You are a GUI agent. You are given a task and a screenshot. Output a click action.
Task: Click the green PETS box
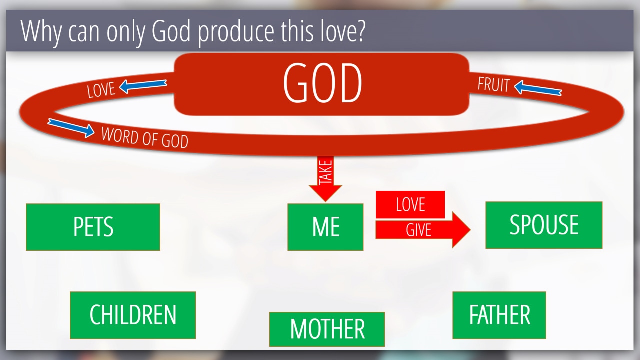(x=93, y=227)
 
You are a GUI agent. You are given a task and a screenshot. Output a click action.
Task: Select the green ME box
(x=325, y=227)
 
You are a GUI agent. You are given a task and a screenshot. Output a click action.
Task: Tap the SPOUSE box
(x=544, y=225)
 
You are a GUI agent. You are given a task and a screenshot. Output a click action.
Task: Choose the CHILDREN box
(x=133, y=315)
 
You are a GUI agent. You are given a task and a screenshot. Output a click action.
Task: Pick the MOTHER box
(x=327, y=329)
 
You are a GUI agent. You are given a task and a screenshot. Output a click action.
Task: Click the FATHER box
(x=499, y=315)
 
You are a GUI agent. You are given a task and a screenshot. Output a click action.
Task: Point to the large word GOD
(x=322, y=83)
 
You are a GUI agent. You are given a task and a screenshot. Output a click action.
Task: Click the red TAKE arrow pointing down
(x=325, y=179)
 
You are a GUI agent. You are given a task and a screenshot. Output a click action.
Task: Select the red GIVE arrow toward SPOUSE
(x=423, y=230)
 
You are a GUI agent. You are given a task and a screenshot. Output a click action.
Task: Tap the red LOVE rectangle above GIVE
(x=410, y=204)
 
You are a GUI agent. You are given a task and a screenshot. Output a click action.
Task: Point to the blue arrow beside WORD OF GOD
(x=71, y=128)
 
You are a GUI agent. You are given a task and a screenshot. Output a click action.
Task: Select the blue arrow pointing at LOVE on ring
(x=143, y=86)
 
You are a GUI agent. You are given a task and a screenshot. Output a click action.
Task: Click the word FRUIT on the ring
(x=493, y=84)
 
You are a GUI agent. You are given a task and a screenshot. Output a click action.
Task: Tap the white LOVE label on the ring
(x=101, y=89)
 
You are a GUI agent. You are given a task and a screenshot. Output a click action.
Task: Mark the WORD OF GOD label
(x=145, y=137)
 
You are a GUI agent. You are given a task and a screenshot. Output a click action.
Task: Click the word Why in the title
(x=41, y=32)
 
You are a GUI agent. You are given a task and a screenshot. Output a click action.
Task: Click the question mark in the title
(x=361, y=31)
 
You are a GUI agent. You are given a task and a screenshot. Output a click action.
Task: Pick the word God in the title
(x=171, y=31)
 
